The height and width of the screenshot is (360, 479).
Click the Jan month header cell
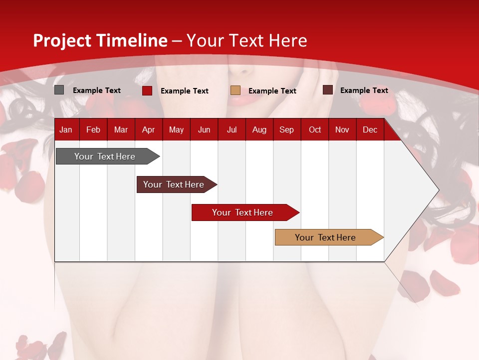click(x=66, y=130)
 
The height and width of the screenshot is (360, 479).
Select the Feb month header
click(x=93, y=130)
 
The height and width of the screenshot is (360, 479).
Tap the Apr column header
click(x=148, y=130)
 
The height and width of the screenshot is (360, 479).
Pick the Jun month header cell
click(x=204, y=130)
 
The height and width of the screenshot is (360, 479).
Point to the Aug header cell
click(x=259, y=130)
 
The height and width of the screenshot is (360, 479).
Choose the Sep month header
click(x=286, y=130)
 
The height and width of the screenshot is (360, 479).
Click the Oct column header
click(x=315, y=130)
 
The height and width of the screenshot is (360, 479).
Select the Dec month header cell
click(x=370, y=130)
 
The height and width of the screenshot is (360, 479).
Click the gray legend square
click(x=59, y=90)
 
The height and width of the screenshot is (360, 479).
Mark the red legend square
click(x=147, y=90)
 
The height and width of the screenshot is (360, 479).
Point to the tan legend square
click(x=236, y=90)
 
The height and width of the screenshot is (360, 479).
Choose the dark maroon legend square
click(x=328, y=90)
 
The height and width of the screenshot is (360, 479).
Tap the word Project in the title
click(x=62, y=40)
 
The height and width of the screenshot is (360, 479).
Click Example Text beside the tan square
click(x=272, y=91)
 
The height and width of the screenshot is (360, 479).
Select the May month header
click(x=176, y=130)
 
